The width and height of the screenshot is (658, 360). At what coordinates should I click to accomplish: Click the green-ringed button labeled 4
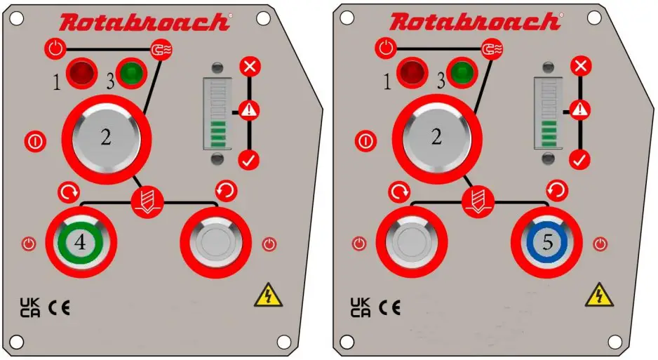pos(81,242)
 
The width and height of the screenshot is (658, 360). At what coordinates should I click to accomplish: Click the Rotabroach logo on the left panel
pos(145,22)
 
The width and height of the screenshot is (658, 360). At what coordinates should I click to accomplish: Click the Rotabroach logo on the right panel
pos(475,22)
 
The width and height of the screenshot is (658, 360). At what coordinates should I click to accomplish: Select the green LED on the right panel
pos(461,72)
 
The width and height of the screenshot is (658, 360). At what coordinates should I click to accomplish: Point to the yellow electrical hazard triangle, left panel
pos(268,295)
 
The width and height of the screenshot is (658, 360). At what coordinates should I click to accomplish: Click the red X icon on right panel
pos(579,67)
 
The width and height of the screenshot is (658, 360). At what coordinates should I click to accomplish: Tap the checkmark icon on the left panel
pos(248,159)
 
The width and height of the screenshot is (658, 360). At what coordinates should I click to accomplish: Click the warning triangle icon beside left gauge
pos(248,109)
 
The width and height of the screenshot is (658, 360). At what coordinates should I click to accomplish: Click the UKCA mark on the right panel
pos(360,307)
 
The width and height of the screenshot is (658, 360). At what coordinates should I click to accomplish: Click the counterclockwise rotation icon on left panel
pos(225,190)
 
